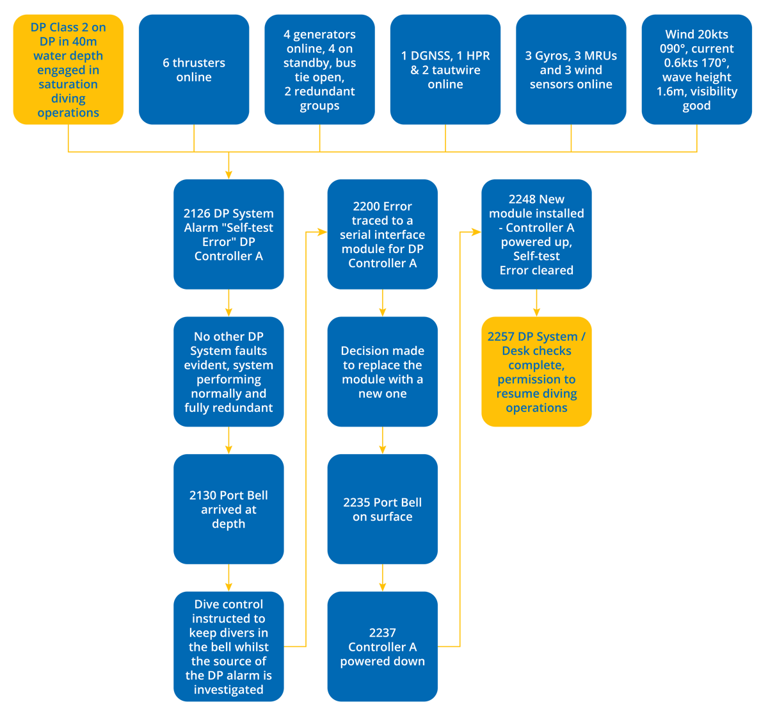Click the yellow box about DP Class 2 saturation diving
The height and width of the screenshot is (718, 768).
(x=68, y=69)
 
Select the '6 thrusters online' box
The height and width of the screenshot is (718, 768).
(x=193, y=69)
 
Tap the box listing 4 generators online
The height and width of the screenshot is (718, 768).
(x=319, y=69)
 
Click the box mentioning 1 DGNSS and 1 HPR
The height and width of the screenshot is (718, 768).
(x=445, y=69)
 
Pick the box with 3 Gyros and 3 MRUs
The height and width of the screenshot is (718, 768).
(x=571, y=69)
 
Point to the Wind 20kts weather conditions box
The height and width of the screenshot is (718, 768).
(x=696, y=69)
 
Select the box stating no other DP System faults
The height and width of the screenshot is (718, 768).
(x=228, y=371)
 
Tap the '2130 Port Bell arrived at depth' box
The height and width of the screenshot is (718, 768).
(x=228, y=509)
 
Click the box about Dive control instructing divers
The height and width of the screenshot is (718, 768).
(x=228, y=646)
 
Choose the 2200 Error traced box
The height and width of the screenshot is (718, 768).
(x=382, y=234)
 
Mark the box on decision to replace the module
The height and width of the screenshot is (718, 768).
(x=382, y=371)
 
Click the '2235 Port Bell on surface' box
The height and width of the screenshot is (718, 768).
(x=382, y=509)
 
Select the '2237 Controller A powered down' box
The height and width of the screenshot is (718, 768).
(x=382, y=646)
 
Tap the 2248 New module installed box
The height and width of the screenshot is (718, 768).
(x=536, y=234)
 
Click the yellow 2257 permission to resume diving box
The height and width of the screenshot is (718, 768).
(x=536, y=371)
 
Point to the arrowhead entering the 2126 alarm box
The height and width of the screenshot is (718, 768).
(x=228, y=174)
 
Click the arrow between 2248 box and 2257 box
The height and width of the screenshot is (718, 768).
(x=536, y=304)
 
